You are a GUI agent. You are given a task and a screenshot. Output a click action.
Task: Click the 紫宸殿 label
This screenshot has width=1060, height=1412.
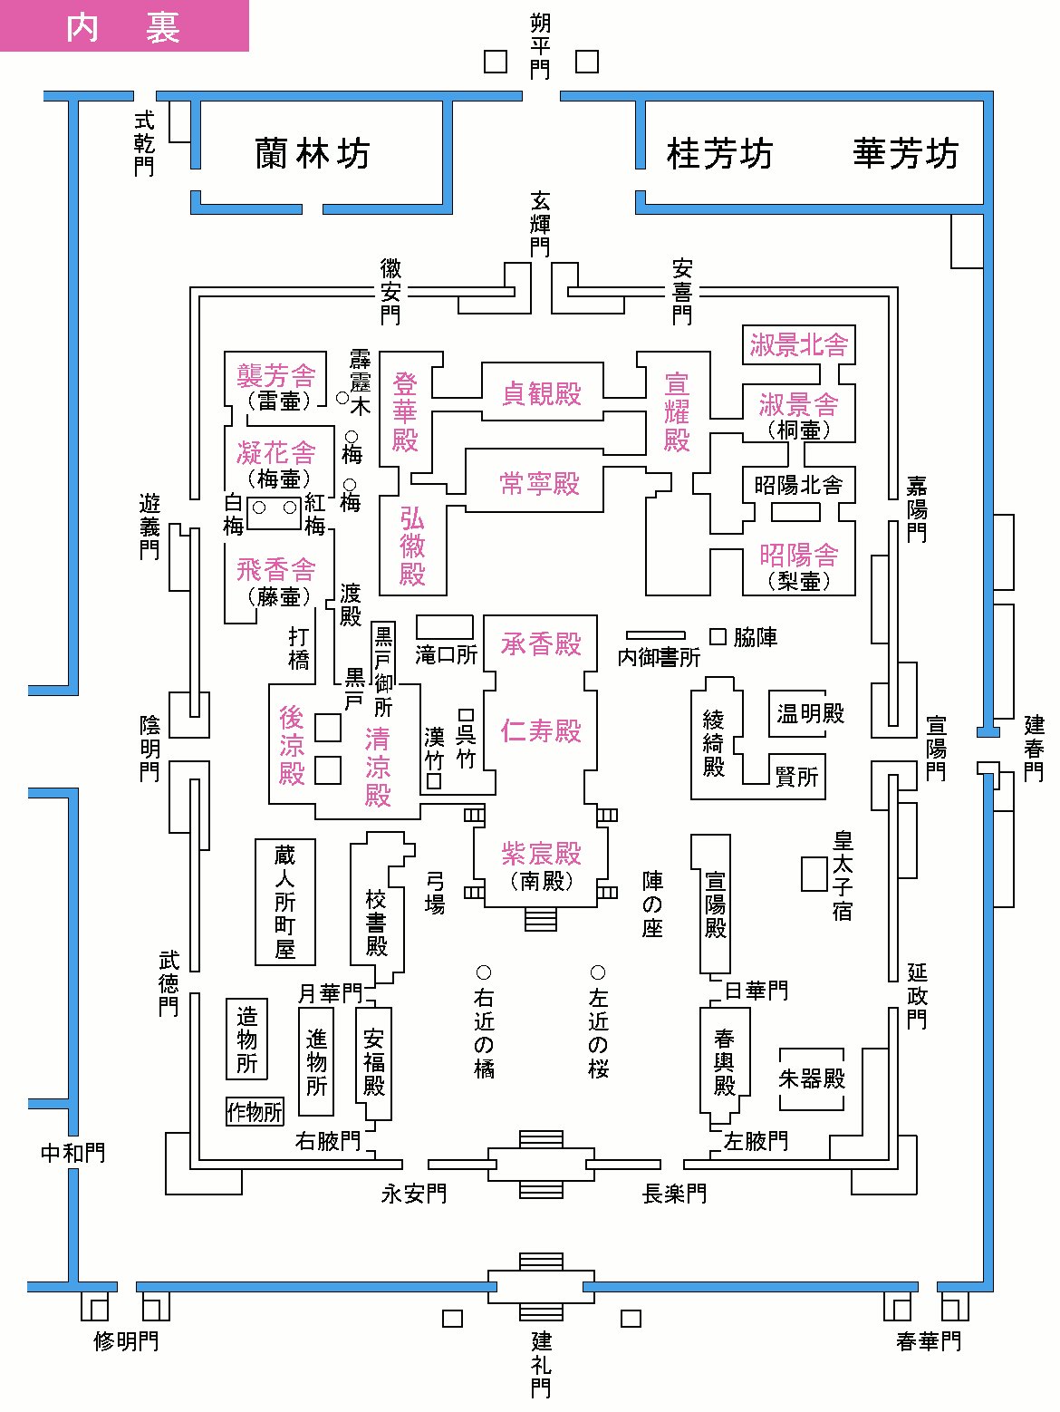coord(541,854)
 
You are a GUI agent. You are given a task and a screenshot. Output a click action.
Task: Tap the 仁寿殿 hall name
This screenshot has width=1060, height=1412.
coord(541,730)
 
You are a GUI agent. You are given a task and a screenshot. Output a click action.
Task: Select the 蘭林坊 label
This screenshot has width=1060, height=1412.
coord(313,154)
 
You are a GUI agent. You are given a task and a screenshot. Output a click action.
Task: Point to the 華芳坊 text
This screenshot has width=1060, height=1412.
coord(905,154)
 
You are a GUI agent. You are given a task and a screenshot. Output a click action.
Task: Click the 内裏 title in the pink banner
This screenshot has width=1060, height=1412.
coord(123,28)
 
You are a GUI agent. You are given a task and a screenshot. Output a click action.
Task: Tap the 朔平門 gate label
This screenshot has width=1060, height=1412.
coord(540,46)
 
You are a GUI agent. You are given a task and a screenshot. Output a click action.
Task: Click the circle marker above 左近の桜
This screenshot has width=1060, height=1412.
coord(598,972)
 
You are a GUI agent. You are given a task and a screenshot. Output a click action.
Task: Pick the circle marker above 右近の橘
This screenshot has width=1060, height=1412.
coord(484,972)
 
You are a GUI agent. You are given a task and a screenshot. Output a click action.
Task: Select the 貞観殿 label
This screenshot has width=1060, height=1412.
coord(541,393)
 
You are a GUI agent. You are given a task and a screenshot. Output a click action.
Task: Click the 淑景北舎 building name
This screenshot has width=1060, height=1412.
coord(798,344)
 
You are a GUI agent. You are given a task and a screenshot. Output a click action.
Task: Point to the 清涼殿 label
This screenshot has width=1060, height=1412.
coord(378,767)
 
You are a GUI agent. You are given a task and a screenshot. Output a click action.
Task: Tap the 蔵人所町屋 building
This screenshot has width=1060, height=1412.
coord(285,902)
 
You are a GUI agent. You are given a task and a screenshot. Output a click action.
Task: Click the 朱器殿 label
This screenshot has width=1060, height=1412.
coord(812,1078)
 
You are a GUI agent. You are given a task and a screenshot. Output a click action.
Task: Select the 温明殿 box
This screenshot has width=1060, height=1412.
coord(810,713)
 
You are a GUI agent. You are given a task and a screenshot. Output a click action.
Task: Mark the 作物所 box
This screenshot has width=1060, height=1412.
coord(255,1111)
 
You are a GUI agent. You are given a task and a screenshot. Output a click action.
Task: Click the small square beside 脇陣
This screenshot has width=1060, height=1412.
coord(718,637)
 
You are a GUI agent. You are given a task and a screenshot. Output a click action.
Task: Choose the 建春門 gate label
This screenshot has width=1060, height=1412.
coord(1034,749)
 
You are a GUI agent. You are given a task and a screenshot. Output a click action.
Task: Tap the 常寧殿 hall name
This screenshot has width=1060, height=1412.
coord(540,483)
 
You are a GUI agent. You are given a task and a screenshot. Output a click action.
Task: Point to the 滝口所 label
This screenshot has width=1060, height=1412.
coord(446,654)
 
